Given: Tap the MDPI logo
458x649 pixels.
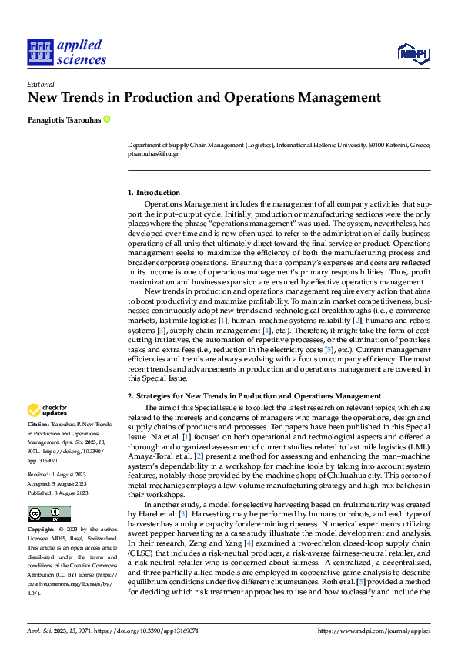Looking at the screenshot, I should click(x=414, y=52).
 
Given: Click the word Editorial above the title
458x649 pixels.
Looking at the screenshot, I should click(x=40, y=84).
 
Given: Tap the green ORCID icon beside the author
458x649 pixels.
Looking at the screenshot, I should click(x=106, y=119).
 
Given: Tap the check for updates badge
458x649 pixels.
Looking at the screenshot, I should click(x=48, y=410).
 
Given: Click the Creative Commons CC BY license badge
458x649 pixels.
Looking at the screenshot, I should click(x=48, y=514).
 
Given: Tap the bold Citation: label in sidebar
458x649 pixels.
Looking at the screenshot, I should click(x=40, y=425).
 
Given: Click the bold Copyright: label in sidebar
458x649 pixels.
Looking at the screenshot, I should click(x=42, y=530).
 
